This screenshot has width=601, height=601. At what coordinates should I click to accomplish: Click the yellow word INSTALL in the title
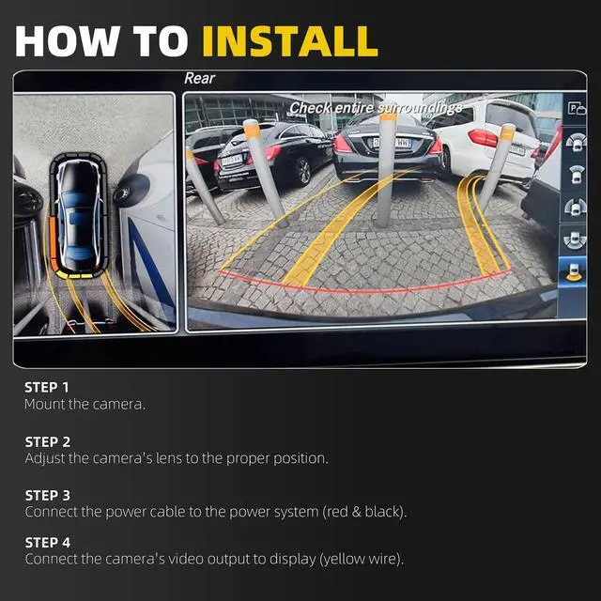(x=290, y=41)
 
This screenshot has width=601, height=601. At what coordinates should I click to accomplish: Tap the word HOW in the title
(x=68, y=41)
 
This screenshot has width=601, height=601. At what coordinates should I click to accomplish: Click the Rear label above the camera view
(x=199, y=78)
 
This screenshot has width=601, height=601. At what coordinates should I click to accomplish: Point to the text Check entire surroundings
(x=376, y=108)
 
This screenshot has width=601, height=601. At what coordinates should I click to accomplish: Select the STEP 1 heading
(x=47, y=387)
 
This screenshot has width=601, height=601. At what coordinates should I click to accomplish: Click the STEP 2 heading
(x=48, y=442)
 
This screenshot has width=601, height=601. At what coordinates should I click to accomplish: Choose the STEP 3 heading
(x=48, y=495)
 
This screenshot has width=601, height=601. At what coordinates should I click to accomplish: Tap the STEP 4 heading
(x=48, y=543)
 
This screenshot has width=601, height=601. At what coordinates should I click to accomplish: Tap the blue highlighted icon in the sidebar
(x=573, y=271)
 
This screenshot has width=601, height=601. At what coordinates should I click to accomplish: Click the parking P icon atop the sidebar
(x=577, y=109)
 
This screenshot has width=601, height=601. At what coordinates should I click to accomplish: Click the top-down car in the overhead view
(x=79, y=215)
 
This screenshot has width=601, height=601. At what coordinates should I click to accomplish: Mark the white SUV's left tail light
(x=483, y=138)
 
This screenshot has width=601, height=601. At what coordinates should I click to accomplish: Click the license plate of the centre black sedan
(x=392, y=144)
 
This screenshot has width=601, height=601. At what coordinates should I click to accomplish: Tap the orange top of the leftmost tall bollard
(x=252, y=129)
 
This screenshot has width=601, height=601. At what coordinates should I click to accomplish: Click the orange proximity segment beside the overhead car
(x=54, y=244)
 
